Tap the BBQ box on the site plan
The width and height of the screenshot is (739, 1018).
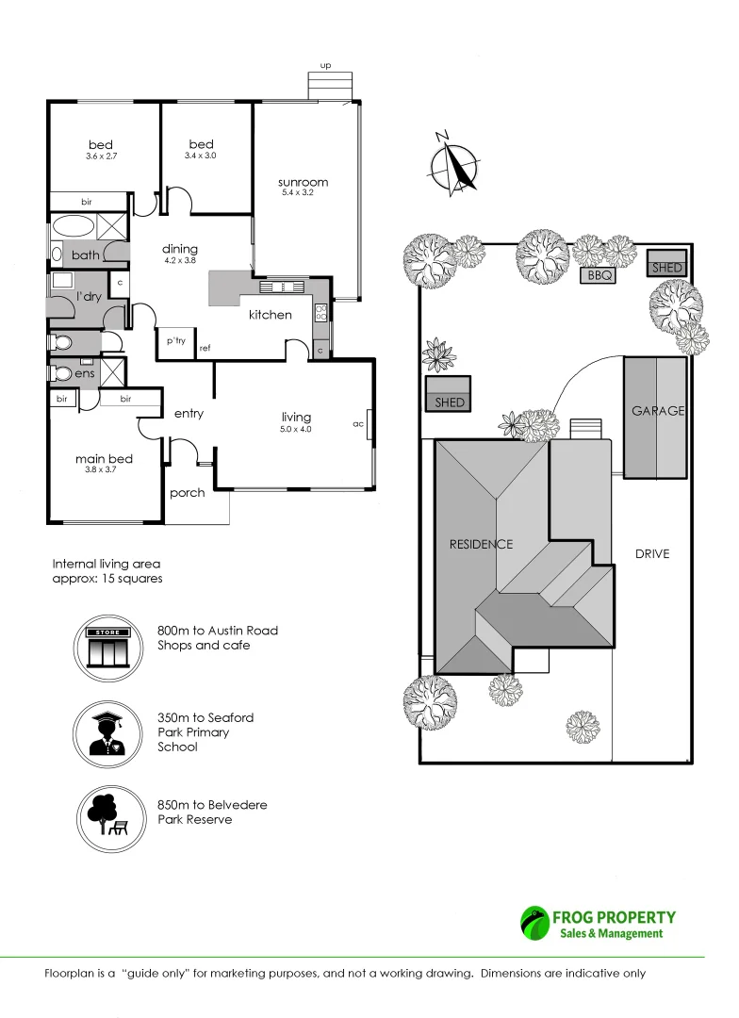599,276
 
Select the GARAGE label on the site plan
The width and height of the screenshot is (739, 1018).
658,411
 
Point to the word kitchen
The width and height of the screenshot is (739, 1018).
271,315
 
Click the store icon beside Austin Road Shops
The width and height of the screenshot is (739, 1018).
108,646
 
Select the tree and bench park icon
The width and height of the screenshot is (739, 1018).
108,813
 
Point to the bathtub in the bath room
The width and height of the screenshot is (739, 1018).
73,227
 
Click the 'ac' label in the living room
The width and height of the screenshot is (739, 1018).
358,424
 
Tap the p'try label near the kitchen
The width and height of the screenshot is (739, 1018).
175,341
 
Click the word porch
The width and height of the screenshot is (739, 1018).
188,493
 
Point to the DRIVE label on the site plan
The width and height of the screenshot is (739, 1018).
652,554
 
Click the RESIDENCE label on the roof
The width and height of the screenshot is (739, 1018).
481,544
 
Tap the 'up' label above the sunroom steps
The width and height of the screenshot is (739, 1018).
326,66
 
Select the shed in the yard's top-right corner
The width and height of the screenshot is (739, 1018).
665,268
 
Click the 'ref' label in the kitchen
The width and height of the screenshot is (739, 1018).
205,349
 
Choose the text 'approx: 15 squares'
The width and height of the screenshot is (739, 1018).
107,579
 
